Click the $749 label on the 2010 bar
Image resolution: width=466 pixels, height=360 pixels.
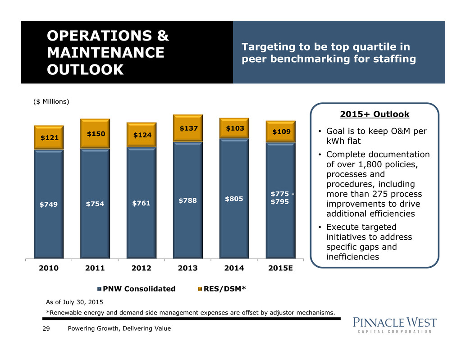point(49,205)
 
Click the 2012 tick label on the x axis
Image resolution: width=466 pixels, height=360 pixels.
point(141,269)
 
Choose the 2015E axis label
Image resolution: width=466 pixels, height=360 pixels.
point(280,269)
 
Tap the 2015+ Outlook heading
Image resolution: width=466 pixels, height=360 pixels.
point(375,114)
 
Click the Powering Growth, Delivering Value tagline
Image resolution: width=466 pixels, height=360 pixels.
point(119,328)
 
